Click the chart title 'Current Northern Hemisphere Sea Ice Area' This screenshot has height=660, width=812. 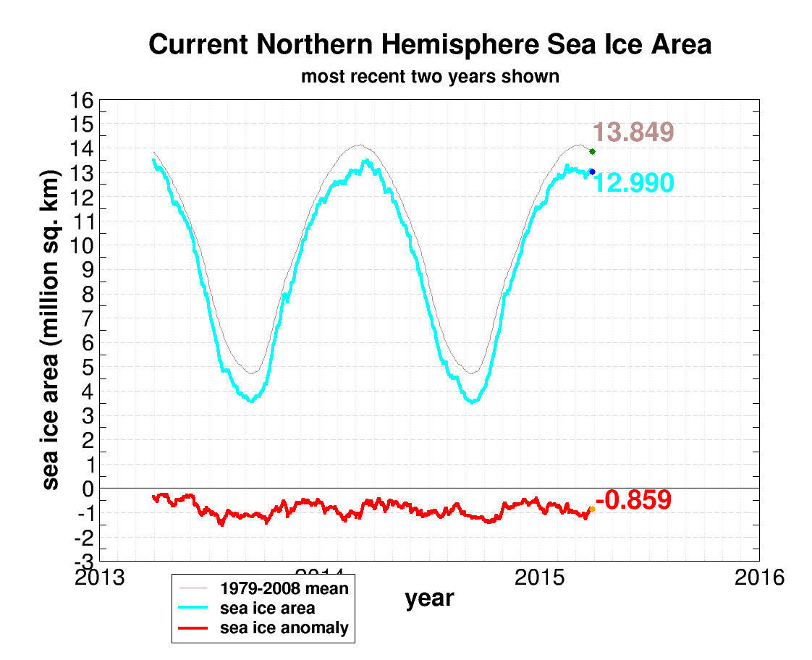[430, 45]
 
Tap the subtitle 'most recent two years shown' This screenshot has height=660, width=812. [430, 76]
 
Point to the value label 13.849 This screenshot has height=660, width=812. [633, 132]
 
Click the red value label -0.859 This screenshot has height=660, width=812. [633, 500]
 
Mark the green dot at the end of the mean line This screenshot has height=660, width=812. [592, 151]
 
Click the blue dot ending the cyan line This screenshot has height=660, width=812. [592, 172]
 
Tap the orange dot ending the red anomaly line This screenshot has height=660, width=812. [592, 509]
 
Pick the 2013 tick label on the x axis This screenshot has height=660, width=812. [98, 578]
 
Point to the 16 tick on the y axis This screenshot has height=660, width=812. [81, 101]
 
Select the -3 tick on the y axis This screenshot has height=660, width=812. [81, 562]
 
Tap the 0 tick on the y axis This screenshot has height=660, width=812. [87, 488]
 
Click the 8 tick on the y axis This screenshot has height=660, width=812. [87, 295]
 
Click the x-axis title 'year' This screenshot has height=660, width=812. [429, 598]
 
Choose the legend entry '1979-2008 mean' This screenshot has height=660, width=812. [284, 588]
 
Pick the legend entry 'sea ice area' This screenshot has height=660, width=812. [267, 608]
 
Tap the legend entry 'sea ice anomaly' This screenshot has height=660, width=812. [284, 627]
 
